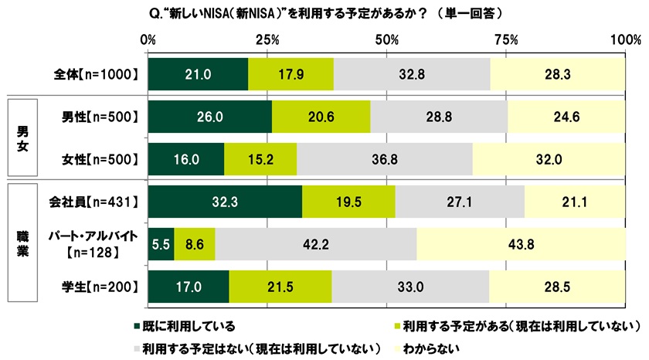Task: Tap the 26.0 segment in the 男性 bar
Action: click(x=209, y=117)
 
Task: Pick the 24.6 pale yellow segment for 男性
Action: click(x=566, y=117)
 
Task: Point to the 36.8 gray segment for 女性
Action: click(x=384, y=159)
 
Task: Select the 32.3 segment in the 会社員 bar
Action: click(x=225, y=202)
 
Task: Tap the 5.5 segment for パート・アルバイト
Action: click(x=161, y=244)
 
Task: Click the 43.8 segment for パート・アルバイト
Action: click(x=521, y=244)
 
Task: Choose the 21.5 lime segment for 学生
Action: click(x=280, y=287)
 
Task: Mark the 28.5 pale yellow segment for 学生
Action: click(x=557, y=287)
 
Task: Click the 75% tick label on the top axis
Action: click(x=506, y=39)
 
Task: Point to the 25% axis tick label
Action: click(x=267, y=39)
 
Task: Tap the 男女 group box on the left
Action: click(x=22, y=138)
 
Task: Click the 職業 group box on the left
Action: click(x=22, y=245)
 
